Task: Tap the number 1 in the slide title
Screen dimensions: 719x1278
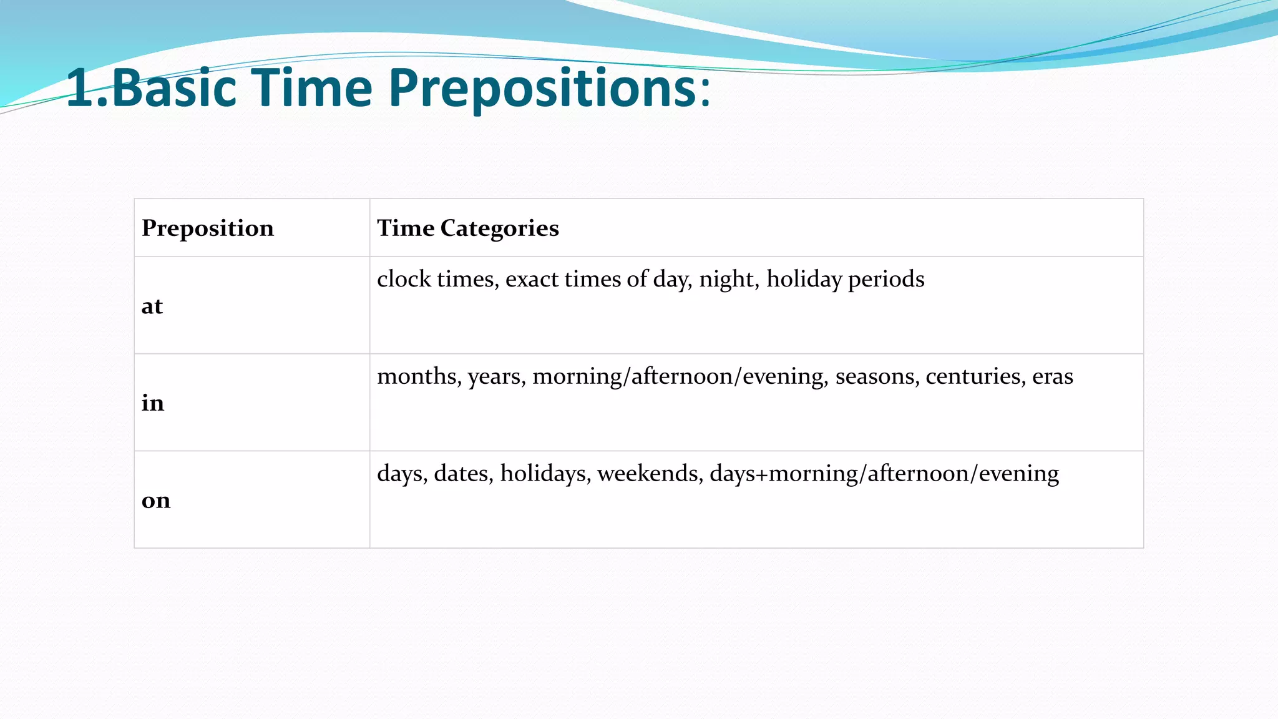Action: pyautogui.click(x=80, y=89)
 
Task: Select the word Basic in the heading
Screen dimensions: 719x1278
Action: pyautogui.click(x=174, y=89)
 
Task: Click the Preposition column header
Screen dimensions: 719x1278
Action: pyautogui.click(x=208, y=228)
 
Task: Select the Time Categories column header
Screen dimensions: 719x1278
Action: pyautogui.click(x=467, y=228)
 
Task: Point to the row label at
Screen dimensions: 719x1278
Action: pyautogui.click(x=152, y=306)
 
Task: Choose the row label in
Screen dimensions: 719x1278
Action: pyautogui.click(x=153, y=403)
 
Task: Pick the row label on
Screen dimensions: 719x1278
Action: pyautogui.click(x=156, y=501)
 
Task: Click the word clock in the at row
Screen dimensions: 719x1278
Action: pyautogui.click(x=404, y=279)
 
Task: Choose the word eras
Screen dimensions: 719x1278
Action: pyautogui.click(x=1053, y=376)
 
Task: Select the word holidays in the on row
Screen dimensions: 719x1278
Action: pyautogui.click(x=545, y=474)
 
